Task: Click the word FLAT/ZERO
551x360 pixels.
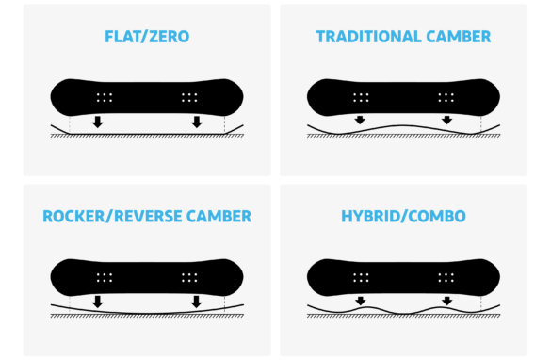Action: click(147, 37)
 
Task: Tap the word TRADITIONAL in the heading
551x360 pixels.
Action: click(368, 37)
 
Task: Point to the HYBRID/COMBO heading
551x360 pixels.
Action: click(403, 216)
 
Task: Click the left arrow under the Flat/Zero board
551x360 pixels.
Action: click(98, 122)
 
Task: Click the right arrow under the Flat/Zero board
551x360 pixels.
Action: click(197, 122)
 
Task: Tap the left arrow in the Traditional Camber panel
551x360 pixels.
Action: click(360, 120)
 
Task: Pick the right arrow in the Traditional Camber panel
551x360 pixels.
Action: click(447, 120)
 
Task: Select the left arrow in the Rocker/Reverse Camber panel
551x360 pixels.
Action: click(98, 302)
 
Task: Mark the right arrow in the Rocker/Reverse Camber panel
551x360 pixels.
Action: click(197, 302)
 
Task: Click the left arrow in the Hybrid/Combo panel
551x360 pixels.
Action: click(361, 301)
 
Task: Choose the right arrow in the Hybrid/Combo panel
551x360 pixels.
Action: click(447, 301)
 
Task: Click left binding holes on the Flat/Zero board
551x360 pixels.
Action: click(105, 97)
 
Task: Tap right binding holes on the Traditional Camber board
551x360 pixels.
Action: click(446, 97)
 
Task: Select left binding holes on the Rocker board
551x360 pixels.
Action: click(105, 277)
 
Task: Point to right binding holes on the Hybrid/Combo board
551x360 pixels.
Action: click(446, 277)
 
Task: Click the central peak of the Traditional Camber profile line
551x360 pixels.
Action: click(403, 125)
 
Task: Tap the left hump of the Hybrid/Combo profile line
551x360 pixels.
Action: click(367, 307)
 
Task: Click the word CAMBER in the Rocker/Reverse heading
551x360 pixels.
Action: click(219, 216)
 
